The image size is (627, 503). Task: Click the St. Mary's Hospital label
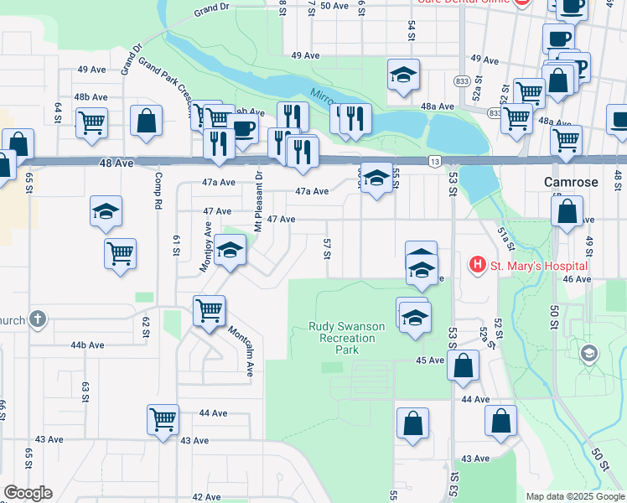click(x=539, y=266)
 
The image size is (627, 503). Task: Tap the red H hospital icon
click(x=478, y=266)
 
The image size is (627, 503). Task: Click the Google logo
click(x=28, y=493)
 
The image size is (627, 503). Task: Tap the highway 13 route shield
click(x=434, y=161)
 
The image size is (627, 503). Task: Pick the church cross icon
click(x=36, y=319)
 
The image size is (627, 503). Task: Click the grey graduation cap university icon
click(x=588, y=355)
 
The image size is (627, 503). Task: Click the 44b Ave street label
click(x=87, y=345)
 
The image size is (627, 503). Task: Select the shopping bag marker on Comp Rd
click(x=147, y=121)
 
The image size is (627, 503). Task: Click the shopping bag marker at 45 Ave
click(x=462, y=365)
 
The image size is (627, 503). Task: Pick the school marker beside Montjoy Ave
click(x=230, y=250)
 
